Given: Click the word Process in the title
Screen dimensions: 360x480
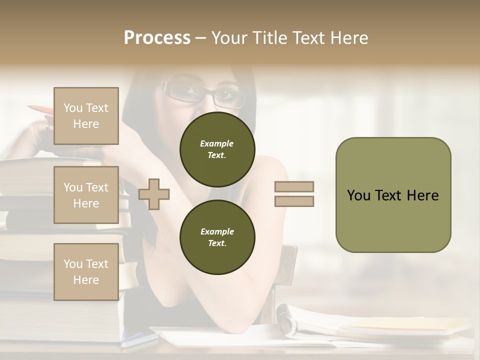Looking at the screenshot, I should [x=157, y=38].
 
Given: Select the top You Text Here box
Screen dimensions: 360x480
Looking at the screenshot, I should [x=86, y=116].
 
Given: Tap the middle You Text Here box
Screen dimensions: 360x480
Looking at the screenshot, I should [x=86, y=195].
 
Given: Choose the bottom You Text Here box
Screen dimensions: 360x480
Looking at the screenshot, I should [x=86, y=271].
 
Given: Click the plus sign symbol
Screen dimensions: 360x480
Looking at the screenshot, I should [x=154, y=193].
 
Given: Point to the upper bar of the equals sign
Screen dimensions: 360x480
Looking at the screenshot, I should [x=294, y=186].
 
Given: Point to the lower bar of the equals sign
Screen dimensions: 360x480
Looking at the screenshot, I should [x=294, y=201].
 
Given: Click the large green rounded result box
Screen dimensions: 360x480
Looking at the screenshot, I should [x=393, y=195].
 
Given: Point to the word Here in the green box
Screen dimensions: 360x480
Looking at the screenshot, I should [x=422, y=195].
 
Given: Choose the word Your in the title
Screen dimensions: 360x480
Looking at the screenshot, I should [x=229, y=38].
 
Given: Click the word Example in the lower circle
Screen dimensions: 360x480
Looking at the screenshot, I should [x=217, y=231].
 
